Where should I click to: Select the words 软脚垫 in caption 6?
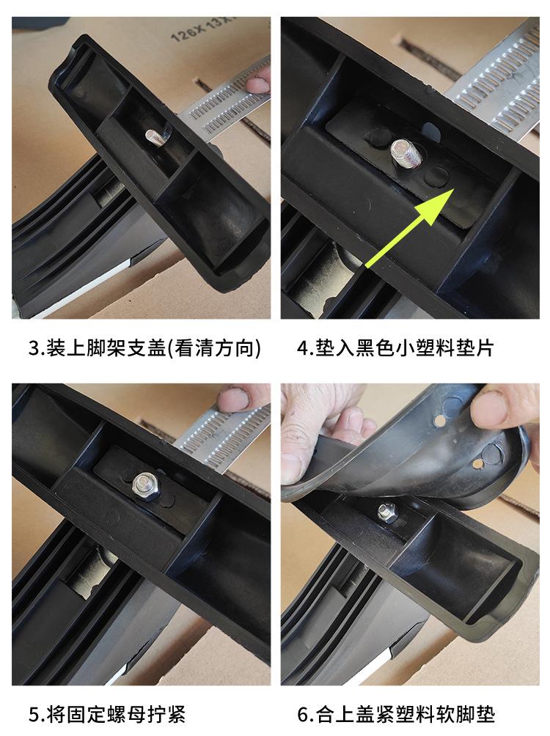point(476,713)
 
